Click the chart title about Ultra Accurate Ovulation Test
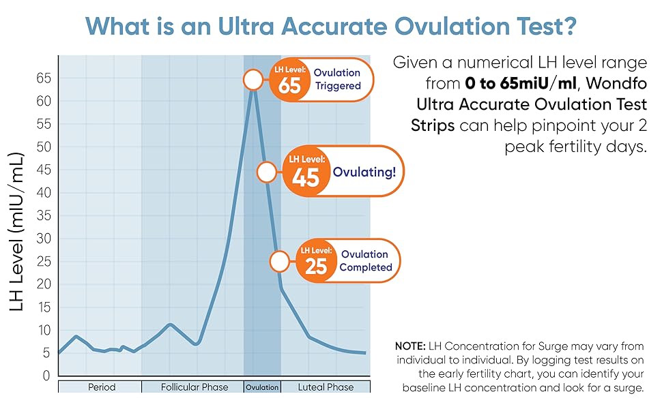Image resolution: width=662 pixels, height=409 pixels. [331, 27]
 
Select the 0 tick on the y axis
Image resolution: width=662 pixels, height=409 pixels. [46, 376]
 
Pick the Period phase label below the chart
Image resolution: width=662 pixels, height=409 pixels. [102, 387]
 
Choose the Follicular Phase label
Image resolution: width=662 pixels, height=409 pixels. [195, 387]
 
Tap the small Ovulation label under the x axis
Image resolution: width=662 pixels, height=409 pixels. [262, 387]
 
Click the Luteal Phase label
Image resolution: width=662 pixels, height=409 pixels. [326, 387]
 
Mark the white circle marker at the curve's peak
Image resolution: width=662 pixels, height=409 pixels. [253, 80]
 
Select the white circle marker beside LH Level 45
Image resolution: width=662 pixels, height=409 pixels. [267, 172]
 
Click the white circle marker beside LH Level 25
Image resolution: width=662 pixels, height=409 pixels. [280, 261]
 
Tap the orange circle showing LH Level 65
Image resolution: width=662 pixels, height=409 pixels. [290, 80]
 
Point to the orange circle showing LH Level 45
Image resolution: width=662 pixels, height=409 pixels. [305, 172]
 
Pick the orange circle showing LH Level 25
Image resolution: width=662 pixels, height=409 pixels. [316, 261]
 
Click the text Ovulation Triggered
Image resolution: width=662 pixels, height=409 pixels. [337, 80]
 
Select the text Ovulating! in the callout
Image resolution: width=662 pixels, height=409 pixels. [364, 172]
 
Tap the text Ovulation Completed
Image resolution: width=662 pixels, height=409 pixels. [365, 261]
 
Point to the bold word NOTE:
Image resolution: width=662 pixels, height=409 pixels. [409, 346]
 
